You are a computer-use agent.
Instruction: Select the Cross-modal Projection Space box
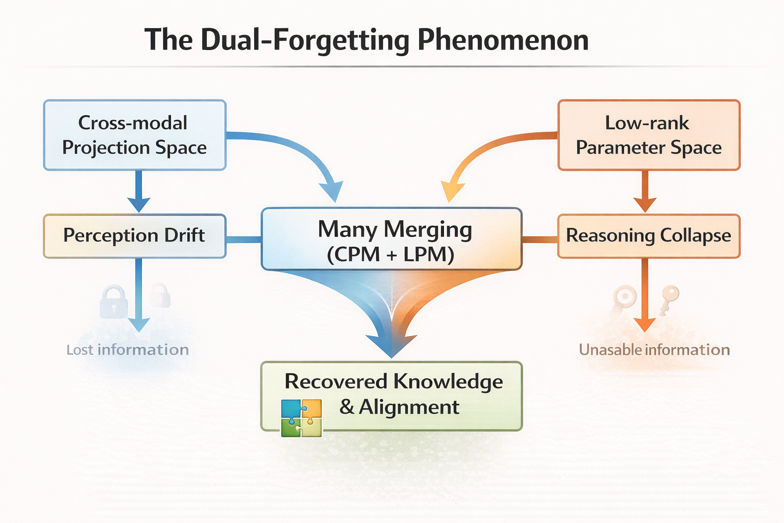[135, 135]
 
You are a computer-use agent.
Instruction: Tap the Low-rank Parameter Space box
[648, 135]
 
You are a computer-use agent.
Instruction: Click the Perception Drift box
[135, 235]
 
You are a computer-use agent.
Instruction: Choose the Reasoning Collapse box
[648, 235]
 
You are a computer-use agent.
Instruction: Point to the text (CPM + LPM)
[391, 254]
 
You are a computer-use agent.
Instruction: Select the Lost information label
[128, 350]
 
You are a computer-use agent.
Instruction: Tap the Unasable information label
[654, 350]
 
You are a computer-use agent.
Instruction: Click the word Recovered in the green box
[336, 382]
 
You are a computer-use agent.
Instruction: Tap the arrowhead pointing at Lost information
[138, 324]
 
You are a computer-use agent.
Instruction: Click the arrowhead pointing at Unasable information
[645, 324]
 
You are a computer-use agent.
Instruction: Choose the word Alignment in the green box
[408, 407]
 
